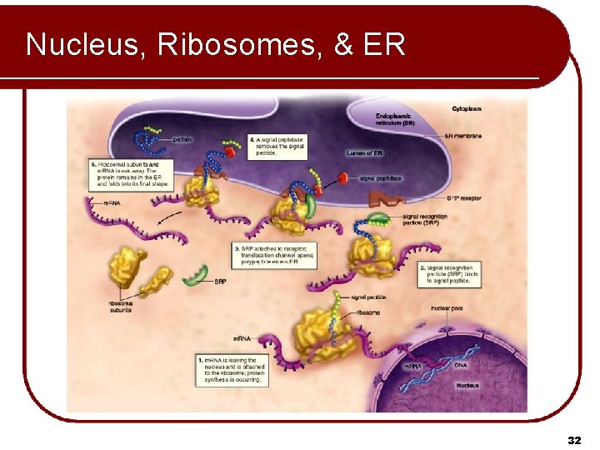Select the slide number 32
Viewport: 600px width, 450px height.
coord(573,438)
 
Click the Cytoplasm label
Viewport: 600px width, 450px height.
coord(467,109)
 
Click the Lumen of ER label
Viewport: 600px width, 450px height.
coord(365,153)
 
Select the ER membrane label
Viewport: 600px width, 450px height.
coord(464,135)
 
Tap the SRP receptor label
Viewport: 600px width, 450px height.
coord(465,198)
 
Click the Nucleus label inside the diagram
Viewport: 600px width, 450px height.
coord(467,386)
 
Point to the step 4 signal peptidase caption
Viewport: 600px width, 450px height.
coord(277,145)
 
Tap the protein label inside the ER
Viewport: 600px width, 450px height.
coord(182,139)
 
